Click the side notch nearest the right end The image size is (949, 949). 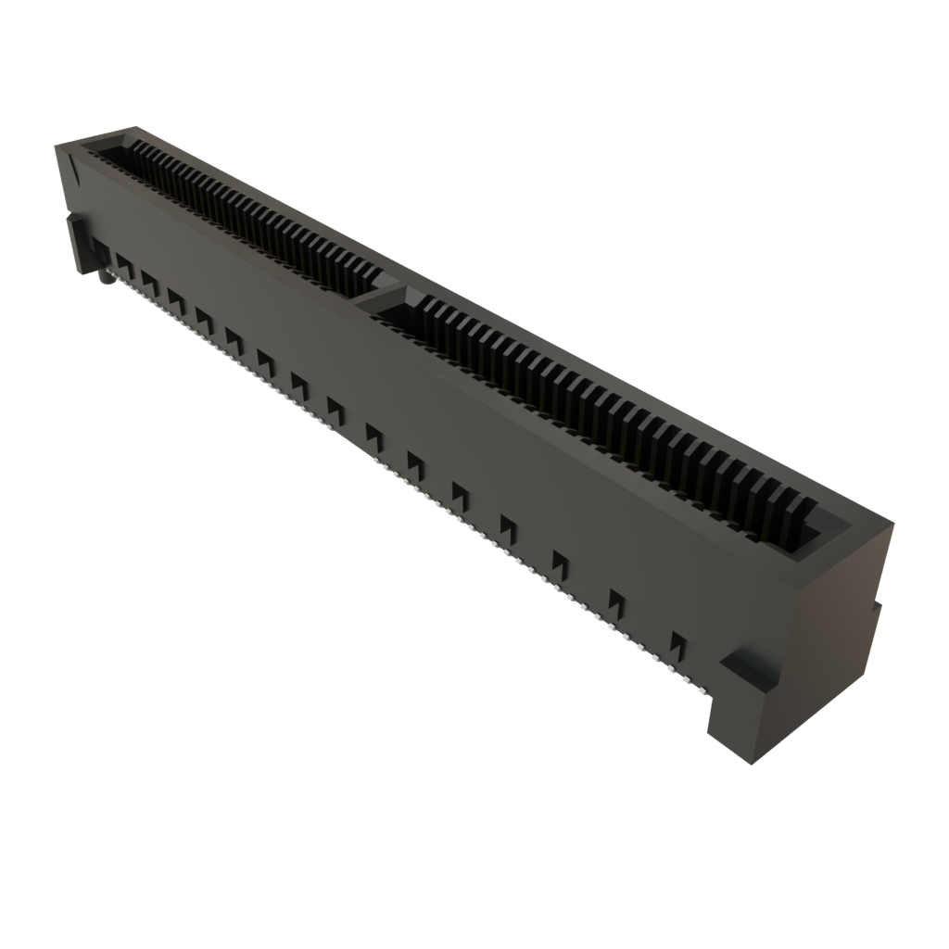coord(678,642)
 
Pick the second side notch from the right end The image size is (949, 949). coord(616,601)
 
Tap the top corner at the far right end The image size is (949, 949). coord(895,525)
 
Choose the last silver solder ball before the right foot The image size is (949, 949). coord(701,690)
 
